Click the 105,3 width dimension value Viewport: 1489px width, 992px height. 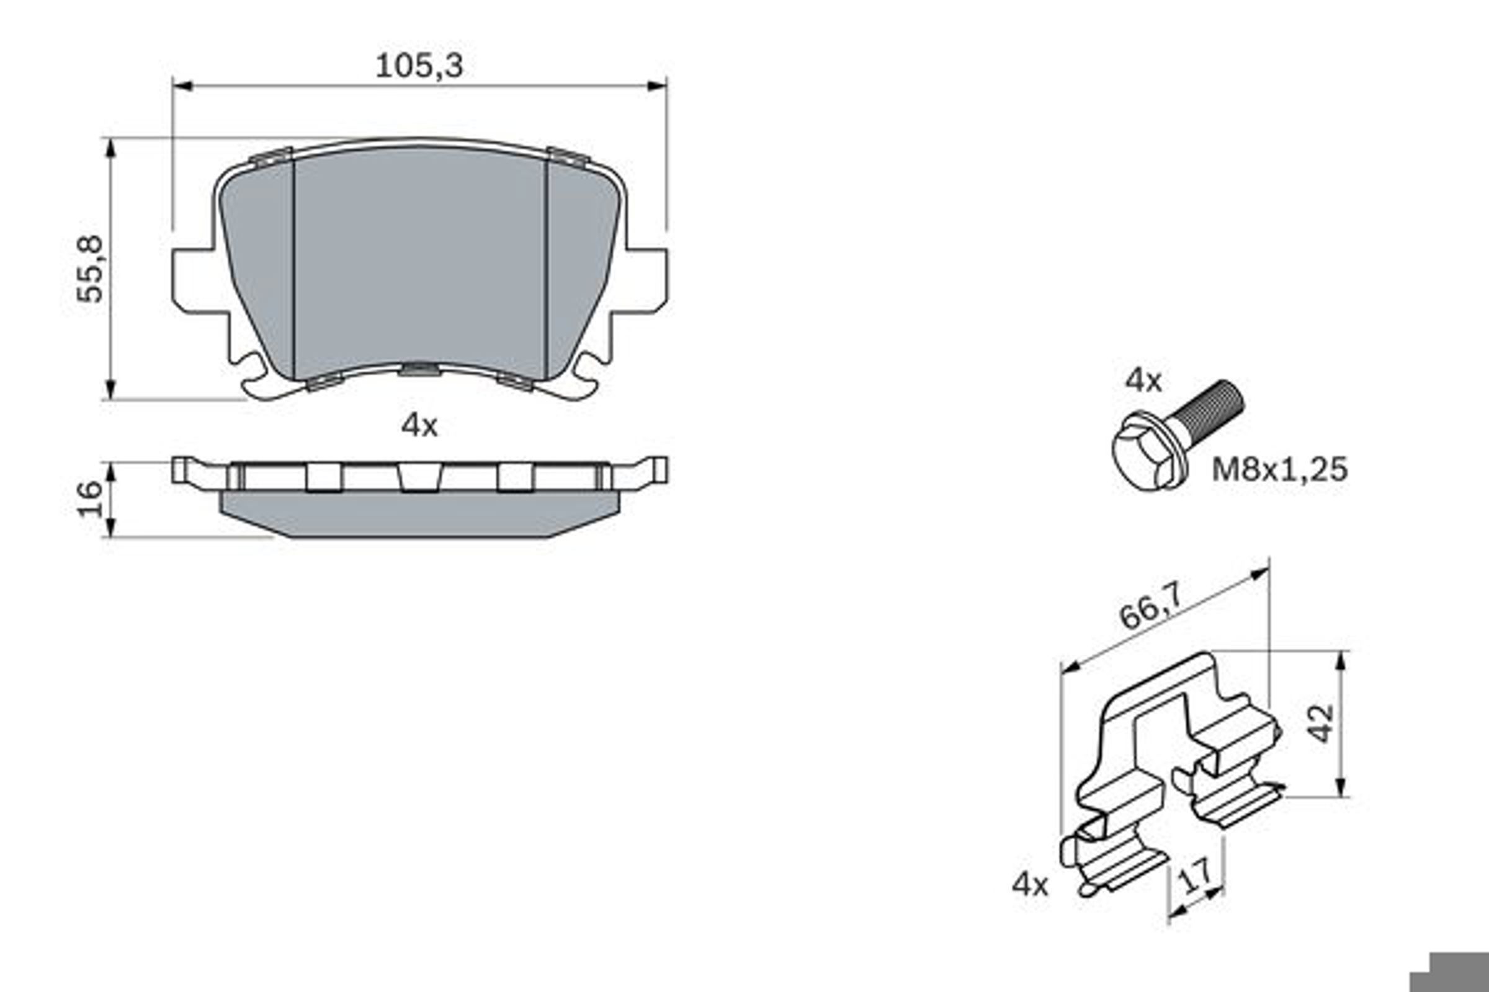[419, 66]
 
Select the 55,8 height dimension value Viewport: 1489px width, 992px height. [90, 269]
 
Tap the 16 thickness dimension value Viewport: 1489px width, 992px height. [90, 499]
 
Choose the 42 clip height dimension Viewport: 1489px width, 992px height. [1322, 723]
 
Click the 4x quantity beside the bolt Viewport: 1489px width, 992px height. [1144, 381]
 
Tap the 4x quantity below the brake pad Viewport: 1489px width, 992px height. [419, 426]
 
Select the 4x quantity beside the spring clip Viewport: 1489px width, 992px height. [1030, 885]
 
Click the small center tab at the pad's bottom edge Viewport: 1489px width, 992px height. [419, 369]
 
